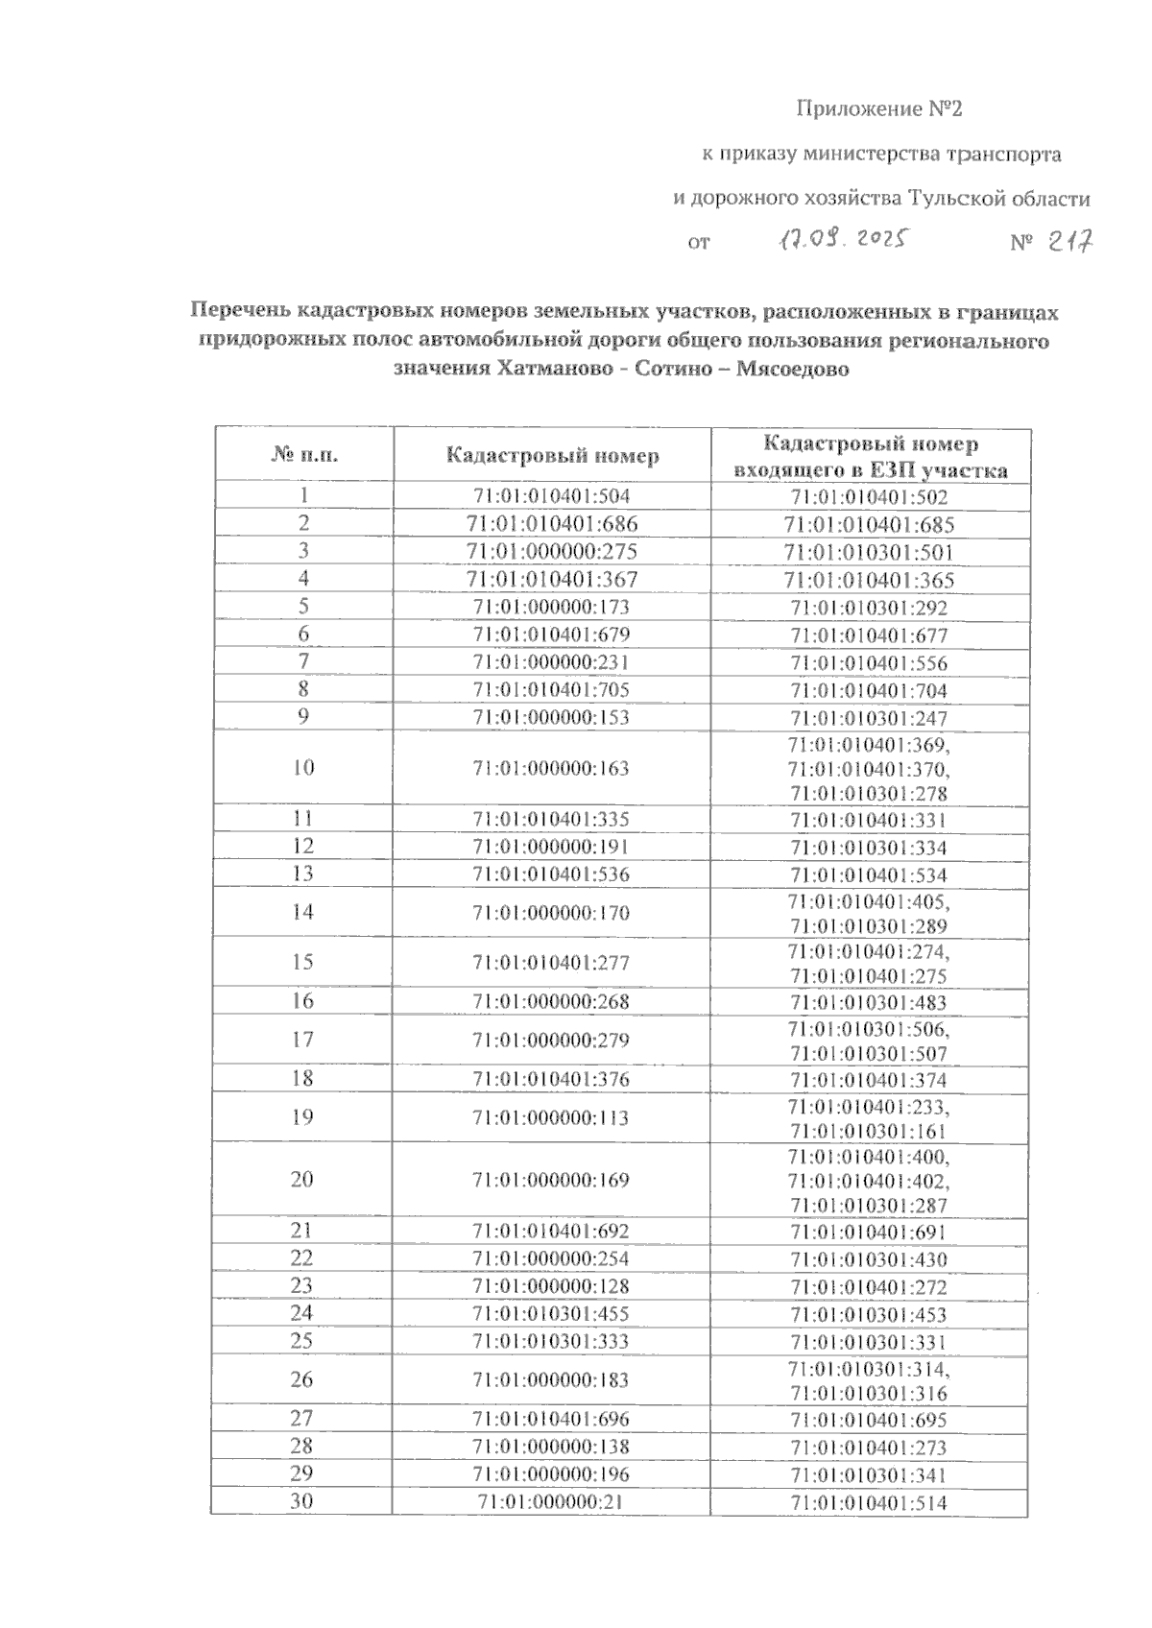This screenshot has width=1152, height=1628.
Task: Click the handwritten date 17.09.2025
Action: pyautogui.click(x=842, y=238)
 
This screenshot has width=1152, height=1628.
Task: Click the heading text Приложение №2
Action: pyautogui.click(x=879, y=109)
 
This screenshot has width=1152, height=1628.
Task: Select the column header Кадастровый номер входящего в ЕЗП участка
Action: pyautogui.click(x=870, y=457)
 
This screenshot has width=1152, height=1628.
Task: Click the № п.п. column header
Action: pyautogui.click(x=304, y=455)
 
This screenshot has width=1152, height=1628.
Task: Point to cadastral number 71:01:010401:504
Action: pyautogui.click(x=552, y=496)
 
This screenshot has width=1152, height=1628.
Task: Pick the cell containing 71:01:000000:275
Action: pyautogui.click(x=552, y=552)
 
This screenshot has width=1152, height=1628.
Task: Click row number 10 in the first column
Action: pyautogui.click(x=303, y=768)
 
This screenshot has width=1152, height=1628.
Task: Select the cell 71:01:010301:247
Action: pyautogui.click(x=870, y=719)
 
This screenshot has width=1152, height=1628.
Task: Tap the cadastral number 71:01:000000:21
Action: pyautogui.click(x=552, y=1501)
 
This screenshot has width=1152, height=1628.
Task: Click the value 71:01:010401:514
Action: pyautogui.click(x=870, y=1503)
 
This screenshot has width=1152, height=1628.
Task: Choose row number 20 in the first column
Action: pyautogui.click(x=302, y=1180)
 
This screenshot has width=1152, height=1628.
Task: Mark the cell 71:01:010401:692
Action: pyautogui.click(x=552, y=1231)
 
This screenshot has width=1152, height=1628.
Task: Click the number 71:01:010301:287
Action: pyautogui.click(x=870, y=1206)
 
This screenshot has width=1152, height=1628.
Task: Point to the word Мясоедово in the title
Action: pyautogui.click(x=792, y=369)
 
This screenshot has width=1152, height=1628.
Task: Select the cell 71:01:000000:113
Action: pyautogui.click(x=552, y=1117)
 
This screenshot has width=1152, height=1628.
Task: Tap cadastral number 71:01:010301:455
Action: pyautogui.click(x=552, y=1313)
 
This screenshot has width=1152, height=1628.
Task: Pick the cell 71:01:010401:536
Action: pyautogui.click(x=552, y=874)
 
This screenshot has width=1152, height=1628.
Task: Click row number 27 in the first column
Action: pyautogui.click(x=302, y=1419)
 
